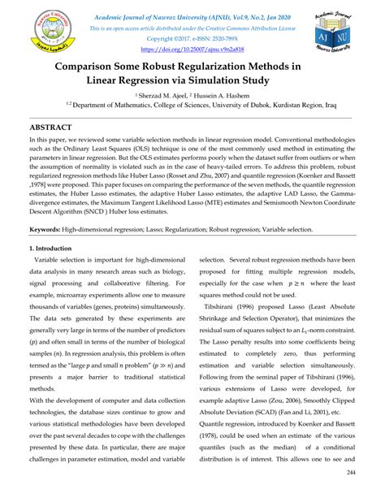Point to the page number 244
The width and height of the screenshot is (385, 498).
point(353,473)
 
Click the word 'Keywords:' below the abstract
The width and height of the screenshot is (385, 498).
point(48,230)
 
